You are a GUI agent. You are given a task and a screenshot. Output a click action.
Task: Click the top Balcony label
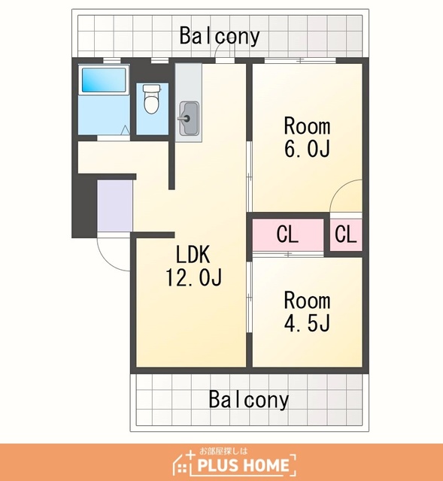(x=220, y=36)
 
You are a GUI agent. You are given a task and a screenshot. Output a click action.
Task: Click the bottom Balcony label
(x=249, y=399)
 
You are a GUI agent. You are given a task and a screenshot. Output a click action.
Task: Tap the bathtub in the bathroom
(x=104, y=80)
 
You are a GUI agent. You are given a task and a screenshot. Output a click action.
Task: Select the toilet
(x=152, y=99)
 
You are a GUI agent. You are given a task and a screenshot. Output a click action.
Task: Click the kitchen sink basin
(x=189, y=119)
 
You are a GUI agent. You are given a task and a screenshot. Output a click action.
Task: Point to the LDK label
(x=193, y=254)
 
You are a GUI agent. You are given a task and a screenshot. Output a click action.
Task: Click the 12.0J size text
(x=194, y=277)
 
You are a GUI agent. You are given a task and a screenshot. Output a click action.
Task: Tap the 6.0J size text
(x=307, y=149)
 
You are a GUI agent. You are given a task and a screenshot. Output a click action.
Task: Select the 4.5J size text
(x=307, y=323)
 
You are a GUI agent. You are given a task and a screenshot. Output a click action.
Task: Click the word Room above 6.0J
(x=307, y=126)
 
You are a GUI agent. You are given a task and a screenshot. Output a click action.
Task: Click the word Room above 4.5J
(x=307, y=301)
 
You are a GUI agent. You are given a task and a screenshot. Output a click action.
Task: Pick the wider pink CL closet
(x=288, y=234)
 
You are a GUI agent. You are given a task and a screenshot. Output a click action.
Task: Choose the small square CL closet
(x=346, y=234)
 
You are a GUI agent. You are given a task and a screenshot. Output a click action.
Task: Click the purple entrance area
(x=115, y=205)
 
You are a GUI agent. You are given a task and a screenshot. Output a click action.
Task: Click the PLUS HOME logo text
(x=243, y=465)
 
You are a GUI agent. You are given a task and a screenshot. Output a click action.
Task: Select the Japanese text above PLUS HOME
(x=223, y=451)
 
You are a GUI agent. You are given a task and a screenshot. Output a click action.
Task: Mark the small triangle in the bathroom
(x=125, y=130)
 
